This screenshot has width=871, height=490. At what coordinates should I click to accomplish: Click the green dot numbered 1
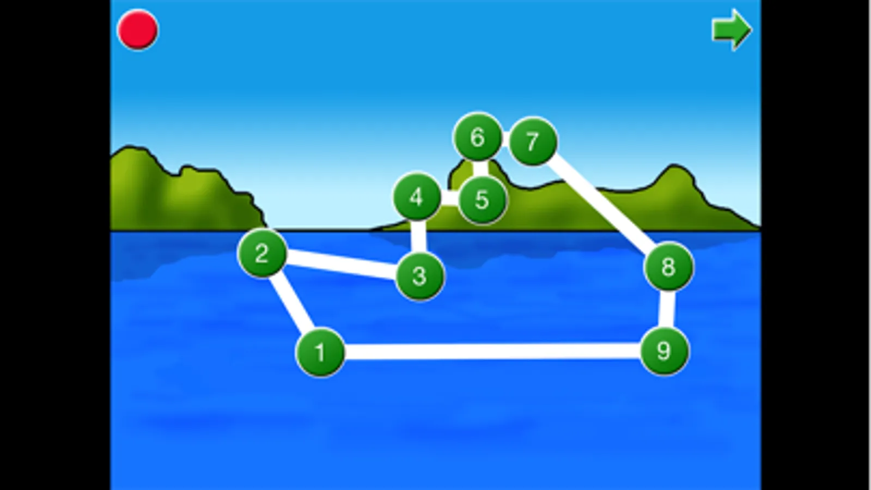point(320,352)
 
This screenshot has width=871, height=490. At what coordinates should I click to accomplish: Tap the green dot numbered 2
point(262,253)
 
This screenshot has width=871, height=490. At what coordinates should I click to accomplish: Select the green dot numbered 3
point(419,276)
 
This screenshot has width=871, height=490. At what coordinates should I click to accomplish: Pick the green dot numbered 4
point(417,197)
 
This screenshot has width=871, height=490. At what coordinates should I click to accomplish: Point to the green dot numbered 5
point(483,200)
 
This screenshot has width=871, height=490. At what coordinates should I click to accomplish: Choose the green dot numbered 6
point(478,137)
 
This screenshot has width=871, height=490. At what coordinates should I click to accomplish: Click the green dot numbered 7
point(533,141)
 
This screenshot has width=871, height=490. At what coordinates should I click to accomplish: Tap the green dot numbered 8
point(668,267)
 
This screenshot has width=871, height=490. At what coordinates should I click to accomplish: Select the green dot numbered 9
point(664,351)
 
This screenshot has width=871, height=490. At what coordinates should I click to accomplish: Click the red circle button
point(138,30)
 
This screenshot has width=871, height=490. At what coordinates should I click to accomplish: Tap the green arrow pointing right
point(732,29)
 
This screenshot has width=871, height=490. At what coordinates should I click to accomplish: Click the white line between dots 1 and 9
point(492,352)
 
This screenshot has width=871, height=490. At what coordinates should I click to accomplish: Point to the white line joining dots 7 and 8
point(601,203)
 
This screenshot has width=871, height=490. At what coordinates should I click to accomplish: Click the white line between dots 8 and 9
point(667,309)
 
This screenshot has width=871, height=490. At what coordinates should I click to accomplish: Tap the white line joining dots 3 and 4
point(418,236)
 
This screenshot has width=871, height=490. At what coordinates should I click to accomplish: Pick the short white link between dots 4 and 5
point(450,198)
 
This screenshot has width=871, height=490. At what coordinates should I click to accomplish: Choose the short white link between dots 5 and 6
point(480,169)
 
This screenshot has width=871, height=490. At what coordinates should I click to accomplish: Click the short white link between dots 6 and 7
point(505,139)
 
